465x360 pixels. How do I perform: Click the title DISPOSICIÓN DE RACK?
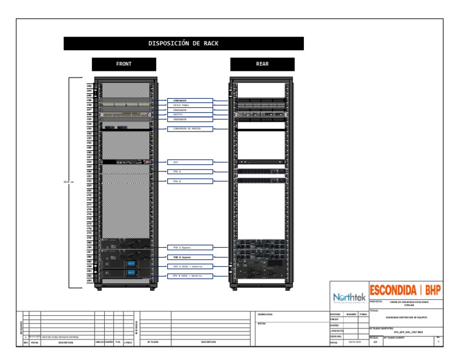(183, 44)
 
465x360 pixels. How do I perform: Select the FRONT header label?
(124, 64)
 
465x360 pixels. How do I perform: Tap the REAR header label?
(262, 64)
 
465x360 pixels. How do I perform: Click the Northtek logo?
(349, 298)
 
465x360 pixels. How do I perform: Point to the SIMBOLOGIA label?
(265, 315)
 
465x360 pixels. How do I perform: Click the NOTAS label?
(262, 323)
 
